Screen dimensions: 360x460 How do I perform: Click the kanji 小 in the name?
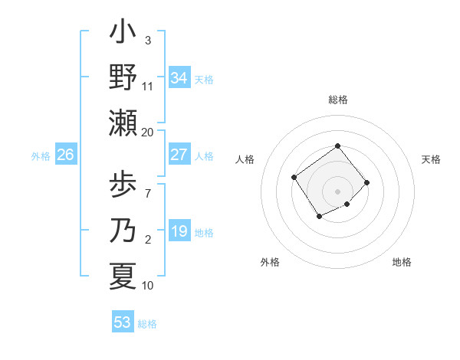click(123, 34)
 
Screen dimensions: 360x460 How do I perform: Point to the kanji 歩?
click(123, 187)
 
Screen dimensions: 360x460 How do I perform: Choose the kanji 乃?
click(123, 231)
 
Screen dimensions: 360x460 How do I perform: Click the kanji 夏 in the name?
click(123, 276)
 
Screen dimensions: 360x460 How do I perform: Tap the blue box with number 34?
click(179, 78)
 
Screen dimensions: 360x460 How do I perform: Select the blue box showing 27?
click(179, 155)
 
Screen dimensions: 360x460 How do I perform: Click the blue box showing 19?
click(179, 231)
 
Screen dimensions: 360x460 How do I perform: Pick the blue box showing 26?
click(66, 155)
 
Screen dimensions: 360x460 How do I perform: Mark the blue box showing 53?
click(123, 322)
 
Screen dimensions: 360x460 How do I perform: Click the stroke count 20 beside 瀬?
click(147, 132)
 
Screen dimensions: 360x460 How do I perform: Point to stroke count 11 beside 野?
click(147, 86)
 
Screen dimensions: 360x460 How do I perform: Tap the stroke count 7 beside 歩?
click(147, 185)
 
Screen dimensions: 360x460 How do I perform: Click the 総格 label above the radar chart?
click(337, 100)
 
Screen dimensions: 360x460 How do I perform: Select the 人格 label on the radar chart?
click(245, 159)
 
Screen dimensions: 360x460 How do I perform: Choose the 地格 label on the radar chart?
click(402, 262)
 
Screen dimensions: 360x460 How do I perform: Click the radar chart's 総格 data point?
click(337, 146)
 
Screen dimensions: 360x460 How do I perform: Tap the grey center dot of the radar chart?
click(337, 191)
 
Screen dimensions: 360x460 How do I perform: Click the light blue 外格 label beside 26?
click(41, 156)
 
